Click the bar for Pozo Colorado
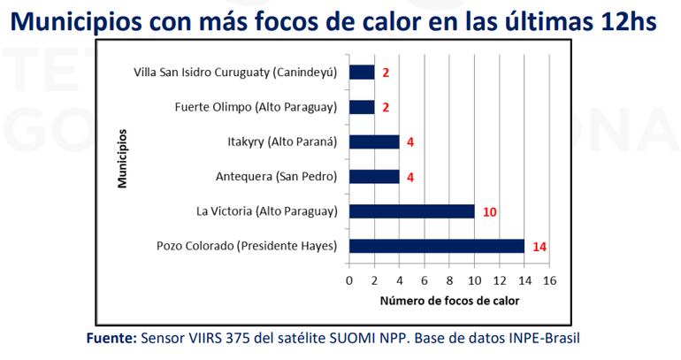[437, 246]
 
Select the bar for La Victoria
[412, 211]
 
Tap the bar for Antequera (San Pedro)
[374, 177]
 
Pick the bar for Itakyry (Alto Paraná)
[374, 142]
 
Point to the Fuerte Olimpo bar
[362, 107]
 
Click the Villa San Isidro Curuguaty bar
[362, 73]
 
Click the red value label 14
[539, 247]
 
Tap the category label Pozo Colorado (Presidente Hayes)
[248, 246]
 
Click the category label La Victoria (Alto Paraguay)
[267, 211]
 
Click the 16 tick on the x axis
[549, 280]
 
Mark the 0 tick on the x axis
[349, 280]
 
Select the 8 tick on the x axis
[449, 280]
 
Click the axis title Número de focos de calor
[449, 302]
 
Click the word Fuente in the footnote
[111, 340]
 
